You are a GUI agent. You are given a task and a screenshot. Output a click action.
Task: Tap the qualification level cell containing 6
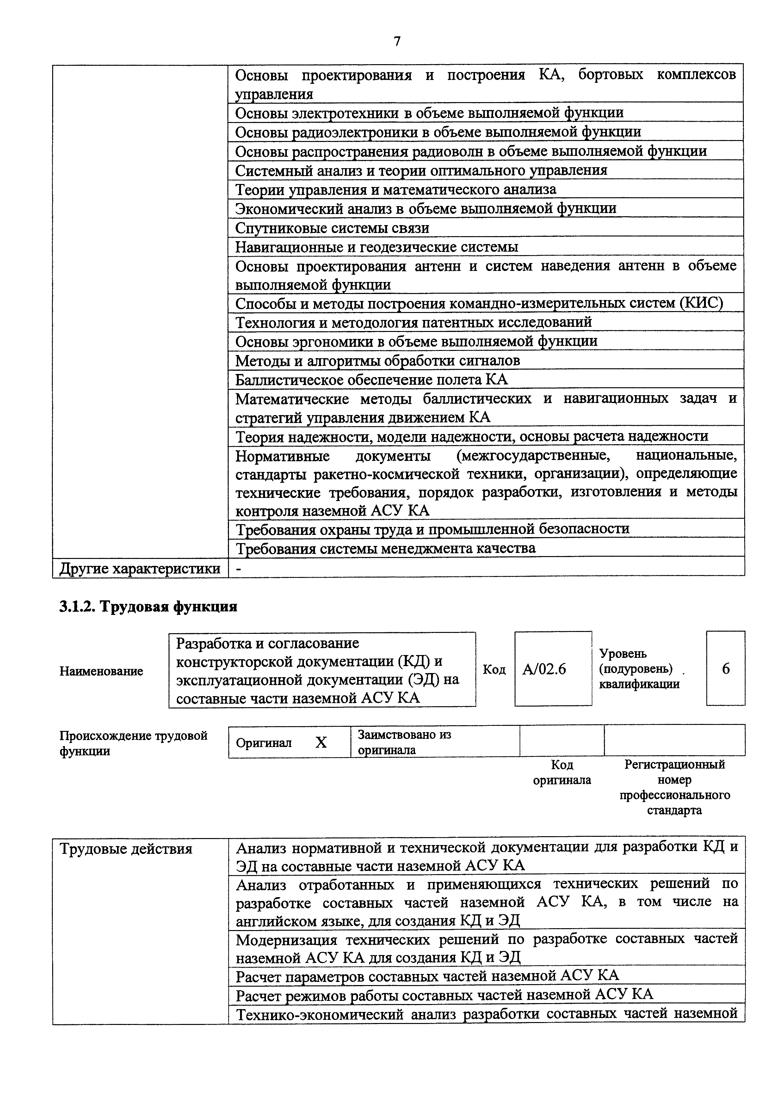(725, 669)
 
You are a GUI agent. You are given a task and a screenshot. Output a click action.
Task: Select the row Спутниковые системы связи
(332, 228)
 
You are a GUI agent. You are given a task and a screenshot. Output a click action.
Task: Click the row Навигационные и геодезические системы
(377, 247)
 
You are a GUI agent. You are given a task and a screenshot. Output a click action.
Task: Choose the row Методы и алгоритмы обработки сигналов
(377, 361)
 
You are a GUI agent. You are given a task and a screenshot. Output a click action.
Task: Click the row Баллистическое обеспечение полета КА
(372, 380)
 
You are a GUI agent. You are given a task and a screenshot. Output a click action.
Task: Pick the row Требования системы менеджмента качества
(386, 548)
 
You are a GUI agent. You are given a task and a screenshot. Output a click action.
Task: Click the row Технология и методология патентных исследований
(413, 322)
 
